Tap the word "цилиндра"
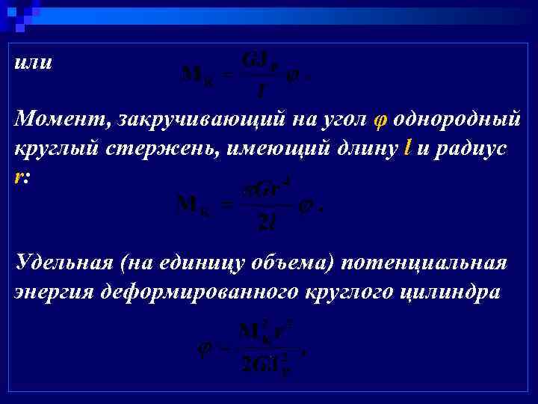pyautogui.click(x=454, y=292)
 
